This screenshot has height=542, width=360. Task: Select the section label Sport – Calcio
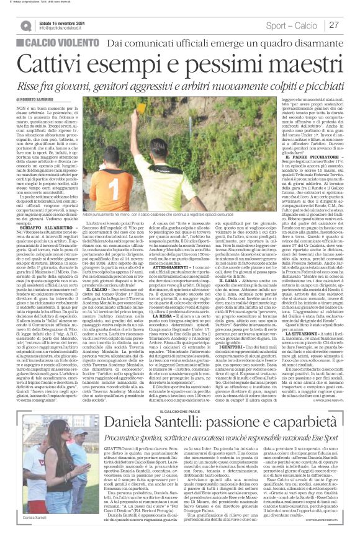click(x=290, y=24)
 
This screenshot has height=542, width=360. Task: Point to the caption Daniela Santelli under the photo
click(x=38, y=516)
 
